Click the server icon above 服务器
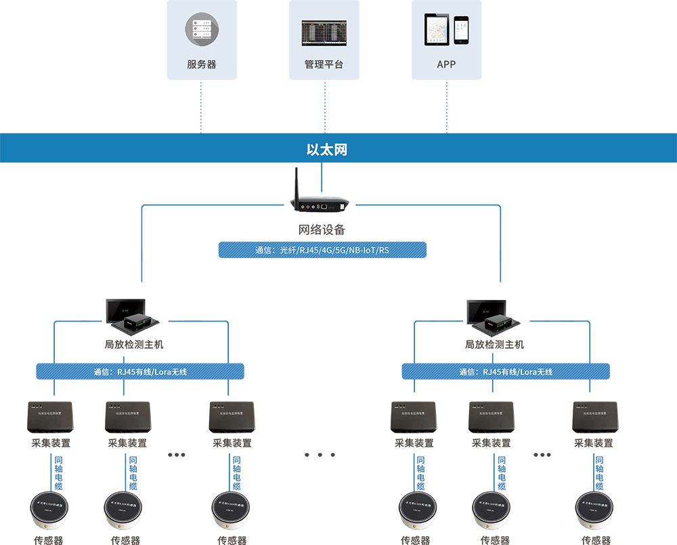[202, 30]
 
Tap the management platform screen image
[324, 33]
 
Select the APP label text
[446, 64]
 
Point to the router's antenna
[296, 185]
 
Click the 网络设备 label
[322, 229]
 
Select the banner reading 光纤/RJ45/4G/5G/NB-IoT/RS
[322, 250]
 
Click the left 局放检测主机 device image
[133, 315]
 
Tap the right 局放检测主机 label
[494, 345]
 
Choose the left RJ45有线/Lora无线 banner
[140, 371]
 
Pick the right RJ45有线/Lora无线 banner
[506, 371]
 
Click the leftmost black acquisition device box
[50, 417]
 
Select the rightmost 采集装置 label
[594, 443]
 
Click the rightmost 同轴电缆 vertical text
[600, 473]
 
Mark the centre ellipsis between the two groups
[320, 454]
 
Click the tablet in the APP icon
[437, 29]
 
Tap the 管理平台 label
[324, 64]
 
